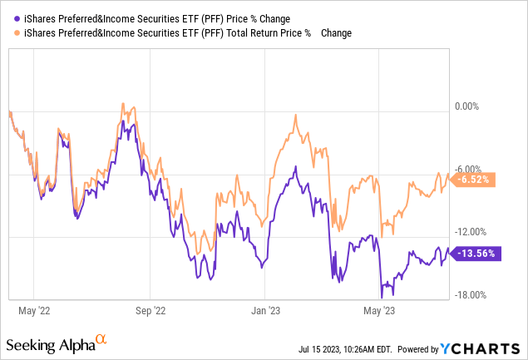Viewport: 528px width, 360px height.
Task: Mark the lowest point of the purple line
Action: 382,297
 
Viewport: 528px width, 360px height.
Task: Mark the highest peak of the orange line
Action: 122,105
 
